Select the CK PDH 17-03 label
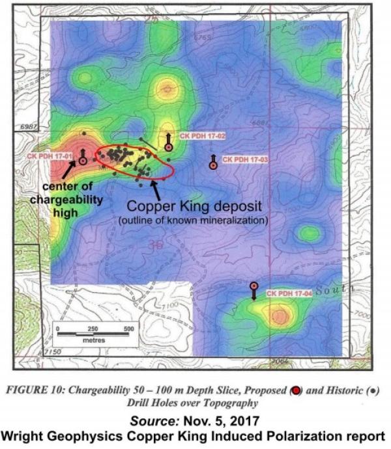[246, 159]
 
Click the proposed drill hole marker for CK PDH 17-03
[213, 165]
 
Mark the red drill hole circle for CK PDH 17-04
[253, 286]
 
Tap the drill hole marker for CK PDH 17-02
[168, 148]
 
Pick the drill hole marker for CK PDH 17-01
[83, 160]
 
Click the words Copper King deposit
[194, 206]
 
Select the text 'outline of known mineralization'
[194, 221]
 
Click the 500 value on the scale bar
[128, 329]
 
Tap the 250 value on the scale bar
[93, 329]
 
